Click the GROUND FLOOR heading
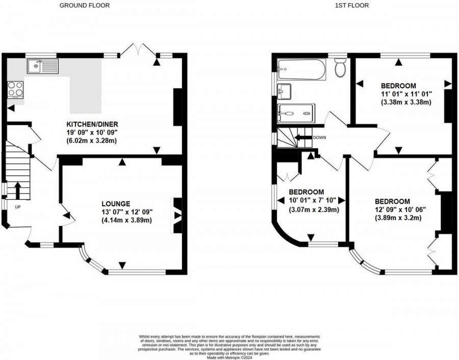coord(84,6)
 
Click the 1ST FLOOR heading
coord(352,6)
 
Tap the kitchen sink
coord(43,65)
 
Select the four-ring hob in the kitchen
coord(15,89)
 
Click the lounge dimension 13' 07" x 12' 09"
coord(127,212)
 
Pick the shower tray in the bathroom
coord(296,113)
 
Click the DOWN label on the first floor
coord(320,138)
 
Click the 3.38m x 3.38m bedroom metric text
coord(406,102)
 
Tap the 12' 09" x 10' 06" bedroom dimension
coord(400,209)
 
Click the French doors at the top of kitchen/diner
coord(138,51)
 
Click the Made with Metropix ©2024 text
coord(229,358)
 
